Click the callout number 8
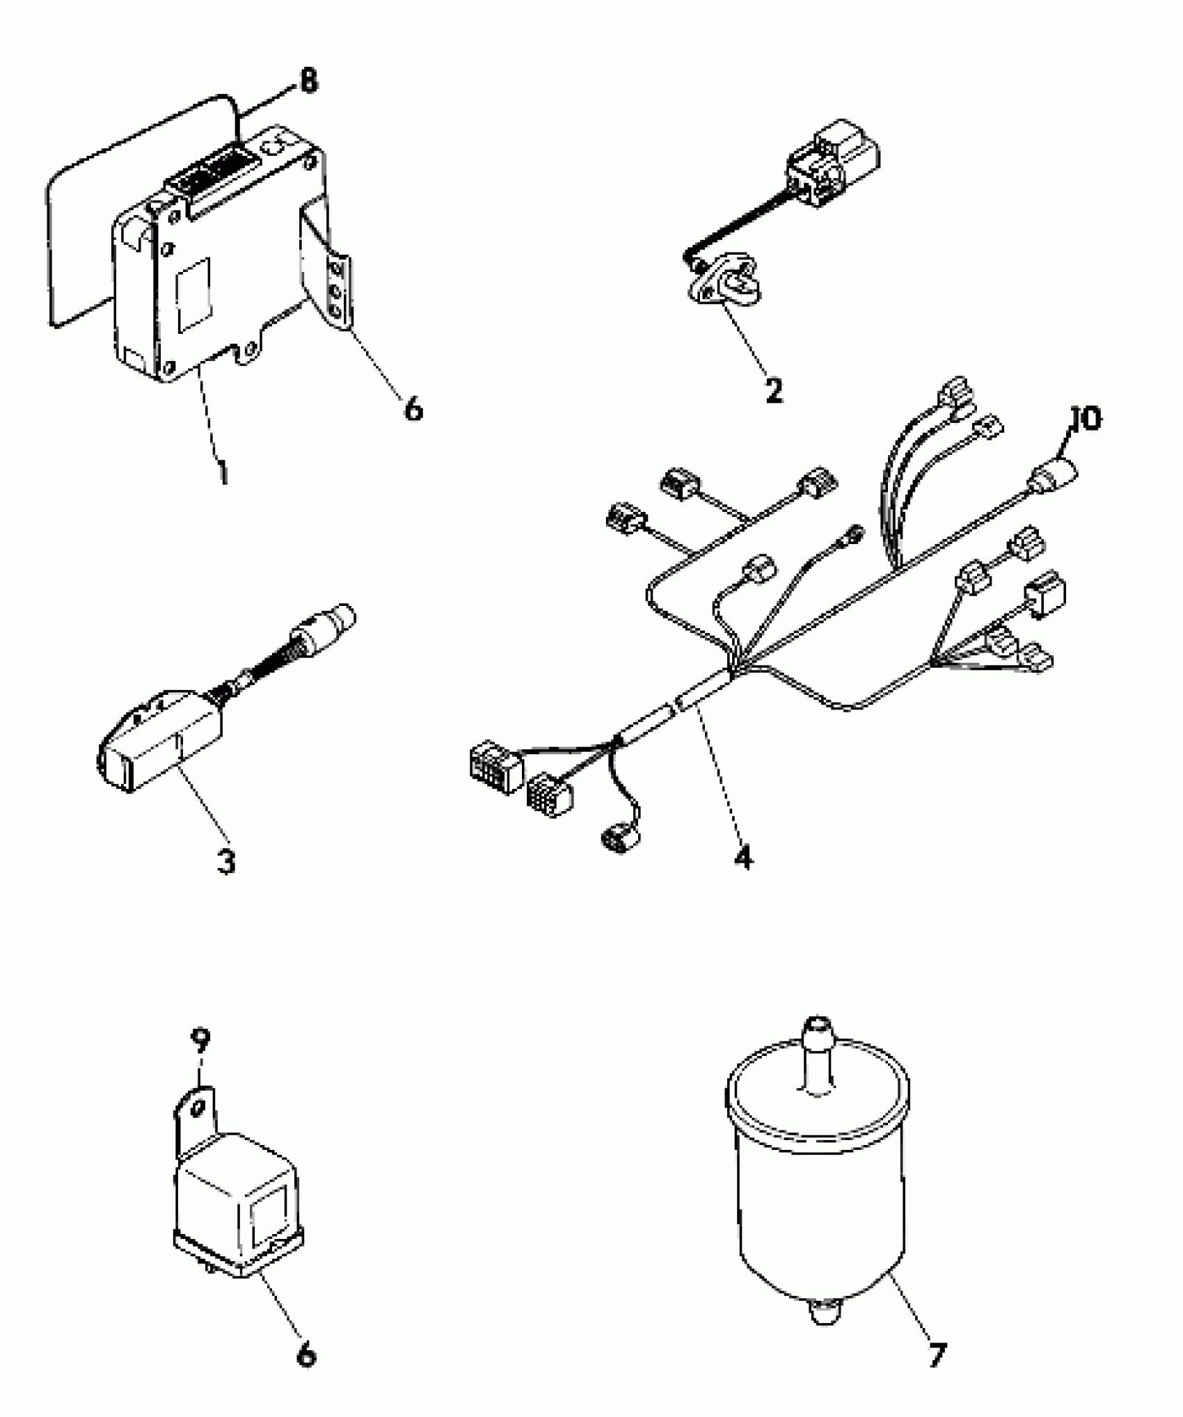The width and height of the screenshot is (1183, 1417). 306,81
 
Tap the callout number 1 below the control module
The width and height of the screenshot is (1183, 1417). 222,471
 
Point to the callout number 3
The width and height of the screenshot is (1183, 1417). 226,861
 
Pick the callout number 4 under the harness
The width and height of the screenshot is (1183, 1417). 743,857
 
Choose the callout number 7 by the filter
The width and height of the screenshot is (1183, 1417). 937,1354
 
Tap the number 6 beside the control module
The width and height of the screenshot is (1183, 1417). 413,409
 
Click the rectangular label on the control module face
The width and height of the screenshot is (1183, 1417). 193,294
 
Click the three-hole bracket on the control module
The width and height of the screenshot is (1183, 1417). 337,289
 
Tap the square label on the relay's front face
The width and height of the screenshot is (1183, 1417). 270,1215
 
